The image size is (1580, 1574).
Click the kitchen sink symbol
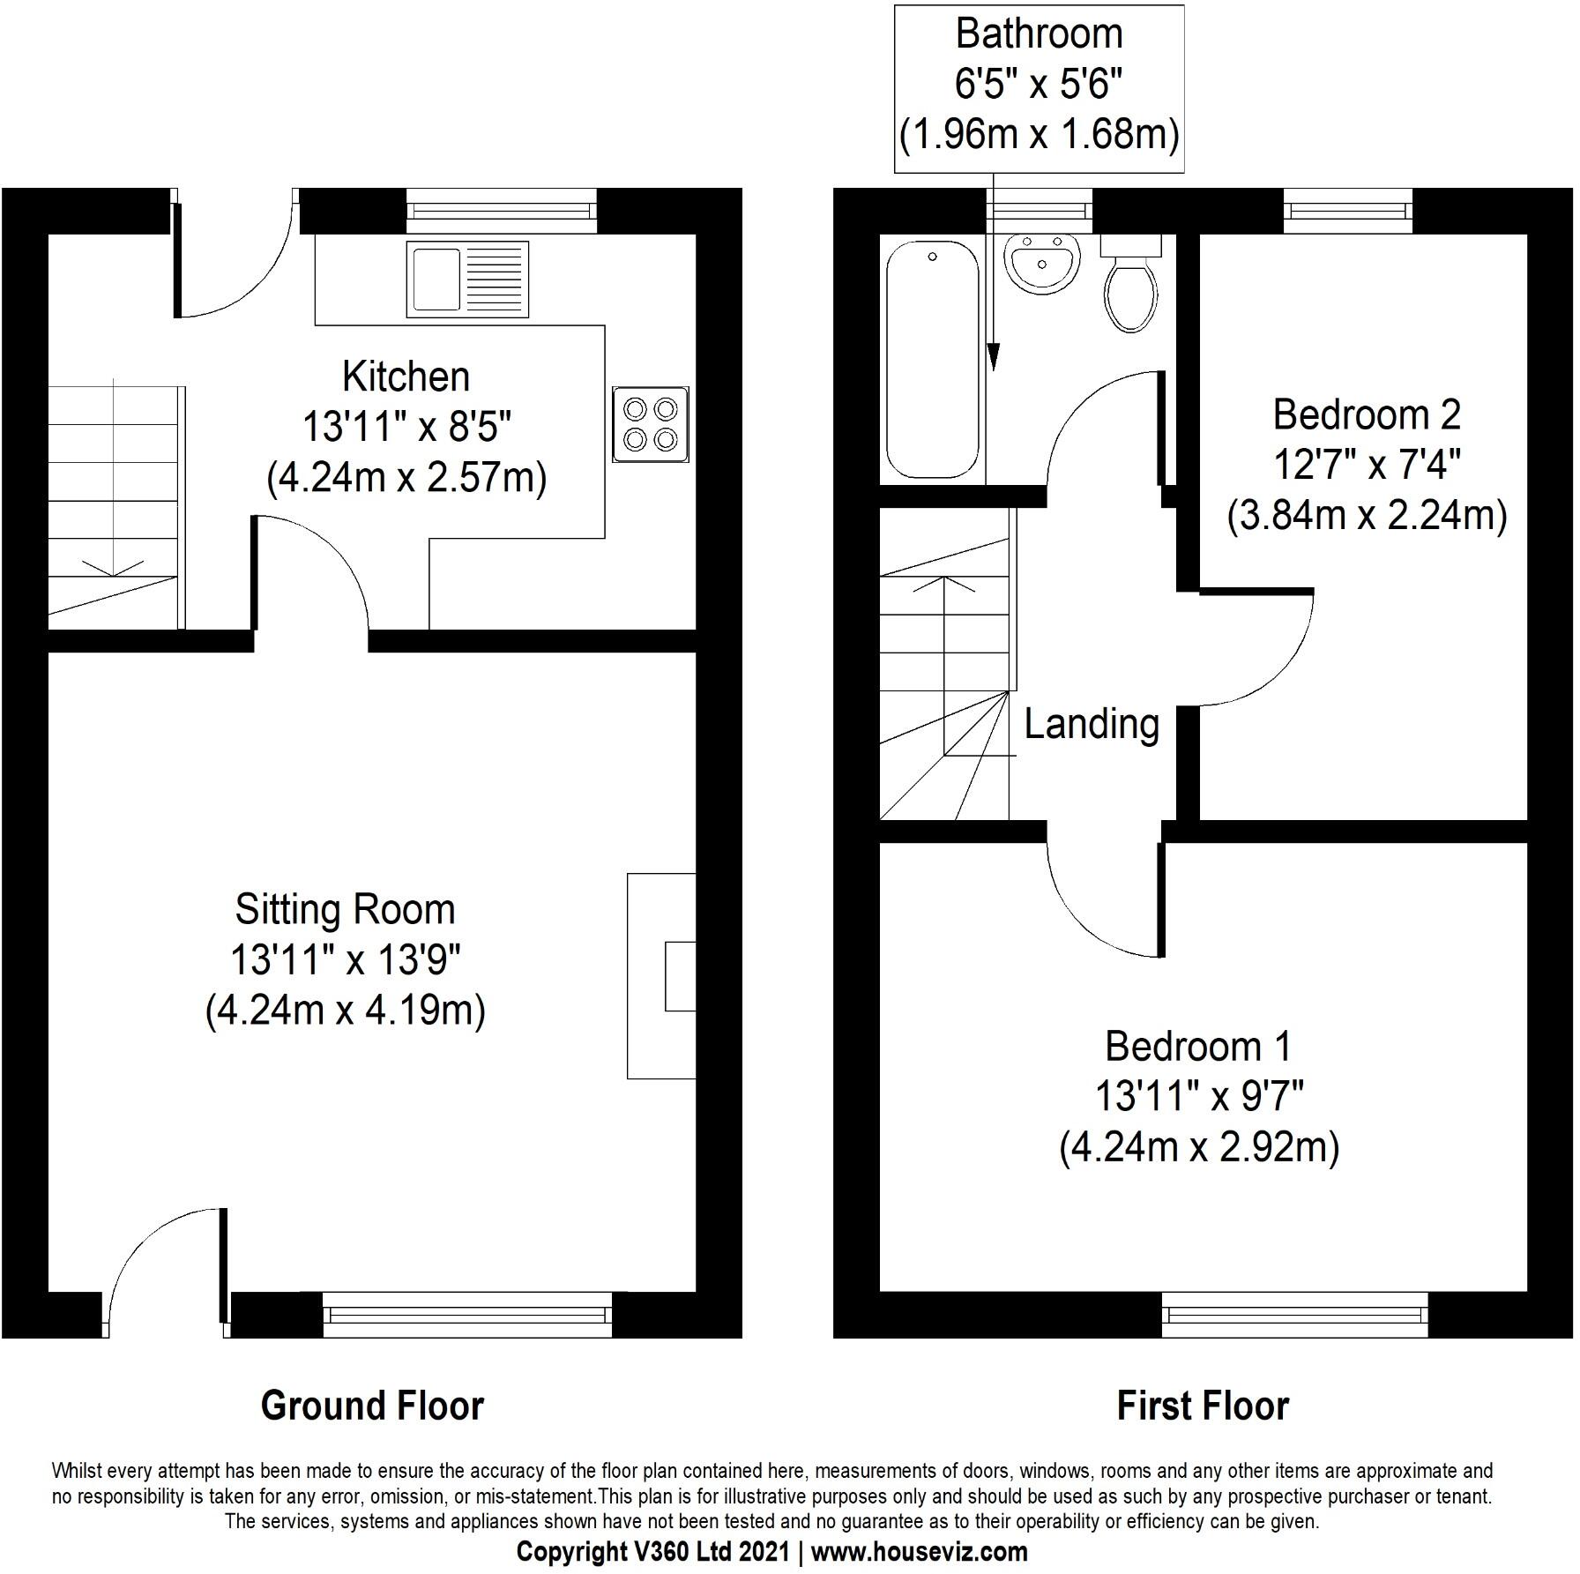pos(467,280)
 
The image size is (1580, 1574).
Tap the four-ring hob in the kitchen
pos(651,424)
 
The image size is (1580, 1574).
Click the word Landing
pos(1091,724)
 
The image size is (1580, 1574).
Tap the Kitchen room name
pos(406,377)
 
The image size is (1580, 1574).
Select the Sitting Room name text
pos(345,909)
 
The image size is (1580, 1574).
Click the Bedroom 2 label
pos(1366,414)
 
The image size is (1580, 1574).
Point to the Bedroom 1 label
pos(1197,1047)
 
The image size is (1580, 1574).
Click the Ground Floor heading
pos(372,1406)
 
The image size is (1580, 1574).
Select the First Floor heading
pos(1202,1406)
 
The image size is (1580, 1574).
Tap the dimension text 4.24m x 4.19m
pos(345,1011)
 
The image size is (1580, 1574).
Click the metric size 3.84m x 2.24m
pos(1366,516)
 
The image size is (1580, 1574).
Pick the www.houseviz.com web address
pos(919,1551)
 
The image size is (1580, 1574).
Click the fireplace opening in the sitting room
pos(680,975)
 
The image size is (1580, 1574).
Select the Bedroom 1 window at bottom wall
pos(1294,1315)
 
